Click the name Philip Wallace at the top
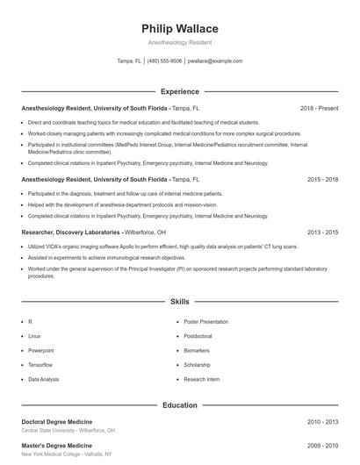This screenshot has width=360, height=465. point(180,28)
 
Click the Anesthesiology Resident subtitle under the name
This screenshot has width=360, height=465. point(180,42)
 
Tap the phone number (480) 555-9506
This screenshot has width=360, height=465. point(165,61)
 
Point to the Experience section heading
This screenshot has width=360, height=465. point(180,91)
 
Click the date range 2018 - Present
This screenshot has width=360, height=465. point(319,108)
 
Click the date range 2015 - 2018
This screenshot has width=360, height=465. point(322,179)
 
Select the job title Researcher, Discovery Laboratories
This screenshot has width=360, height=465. point(71,232)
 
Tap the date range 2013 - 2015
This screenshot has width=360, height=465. point(322,232)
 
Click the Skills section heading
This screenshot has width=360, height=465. point(180,301)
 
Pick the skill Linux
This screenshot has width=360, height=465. point(34,336)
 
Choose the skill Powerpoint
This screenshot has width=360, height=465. point(40,350)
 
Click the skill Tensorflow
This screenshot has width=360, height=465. point(40,364)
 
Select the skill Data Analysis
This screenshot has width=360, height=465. point(44,379)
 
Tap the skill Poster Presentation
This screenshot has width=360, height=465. point(205,322)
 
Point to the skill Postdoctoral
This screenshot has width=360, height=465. point(198,336)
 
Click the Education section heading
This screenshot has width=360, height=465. point(180,405)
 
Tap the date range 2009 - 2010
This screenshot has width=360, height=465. point(322,446)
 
